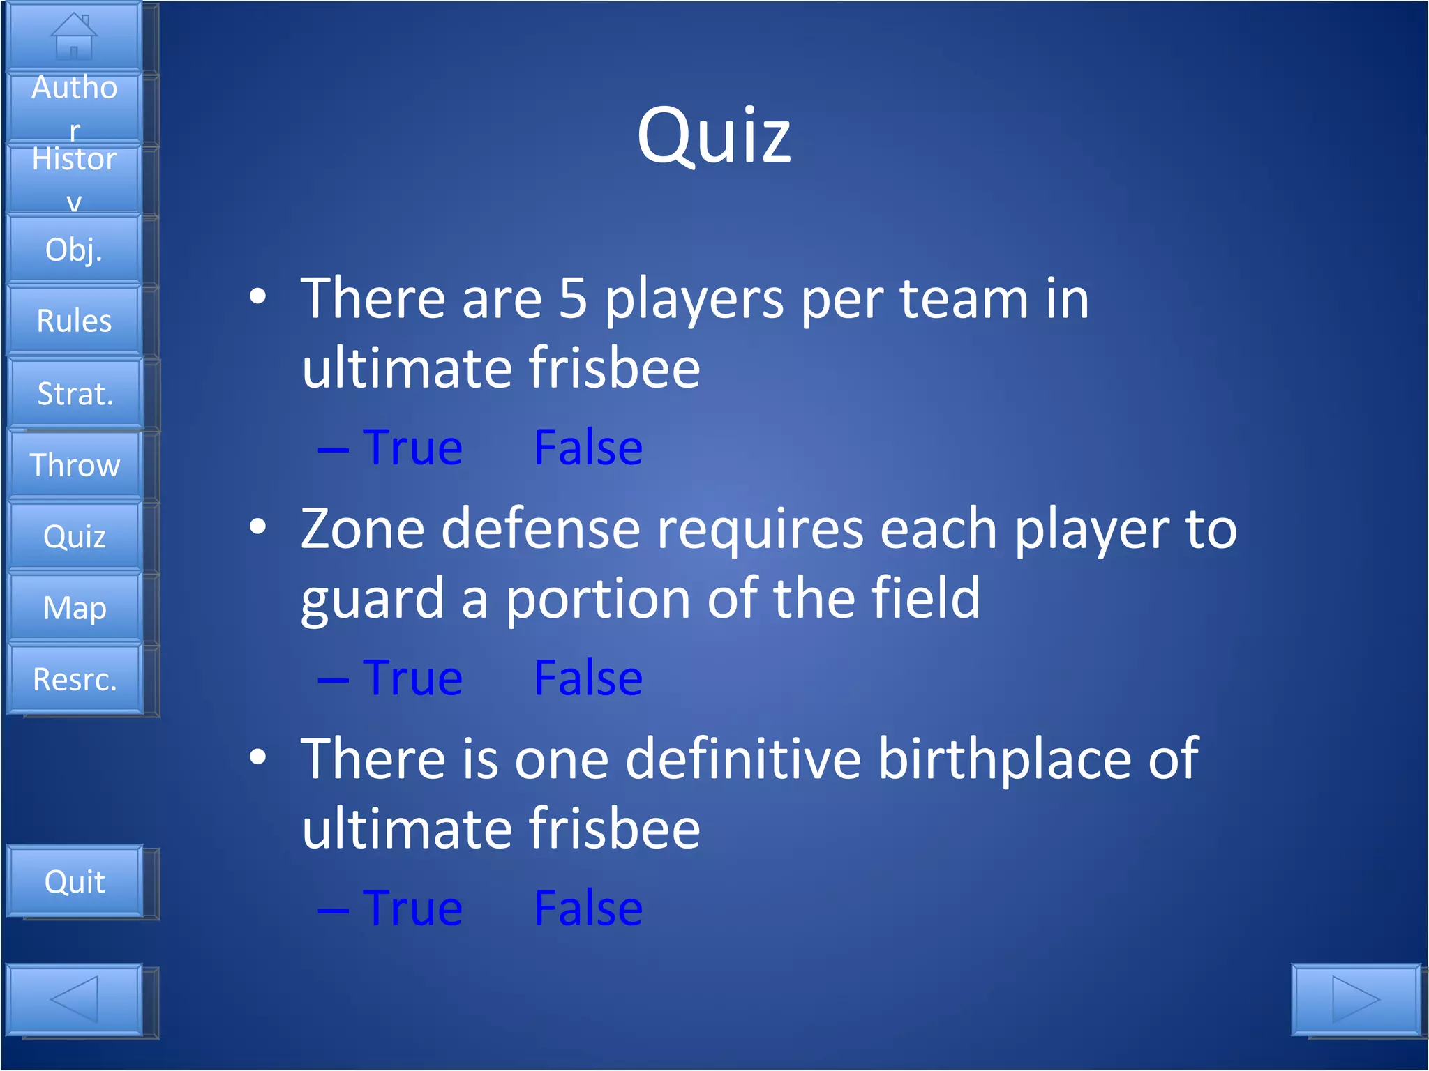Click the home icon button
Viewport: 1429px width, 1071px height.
click(74, 36)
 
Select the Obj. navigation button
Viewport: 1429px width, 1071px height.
click(74, 250)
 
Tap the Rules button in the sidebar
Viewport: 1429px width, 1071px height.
click(74, 321)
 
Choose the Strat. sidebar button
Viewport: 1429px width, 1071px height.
click(75, 393)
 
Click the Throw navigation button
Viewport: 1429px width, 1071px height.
click(75, 465)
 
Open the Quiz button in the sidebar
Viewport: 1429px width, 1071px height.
click(74, 536)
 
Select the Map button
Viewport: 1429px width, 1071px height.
click(74, 607)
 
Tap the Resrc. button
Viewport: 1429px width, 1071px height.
click(75, 679)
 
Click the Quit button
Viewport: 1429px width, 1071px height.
click(74, 881)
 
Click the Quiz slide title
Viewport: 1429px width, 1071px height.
click(714, 135)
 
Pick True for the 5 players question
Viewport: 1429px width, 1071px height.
click(412, 448)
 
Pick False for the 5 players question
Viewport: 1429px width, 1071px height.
click(588, 448)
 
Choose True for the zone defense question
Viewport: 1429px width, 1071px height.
click(412, 678)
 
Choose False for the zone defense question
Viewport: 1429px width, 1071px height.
click(588, 678)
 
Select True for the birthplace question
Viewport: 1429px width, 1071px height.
click(412, 909)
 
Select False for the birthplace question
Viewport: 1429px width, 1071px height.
click(588, 909)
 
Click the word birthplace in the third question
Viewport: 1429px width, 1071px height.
click(1005, 760)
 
